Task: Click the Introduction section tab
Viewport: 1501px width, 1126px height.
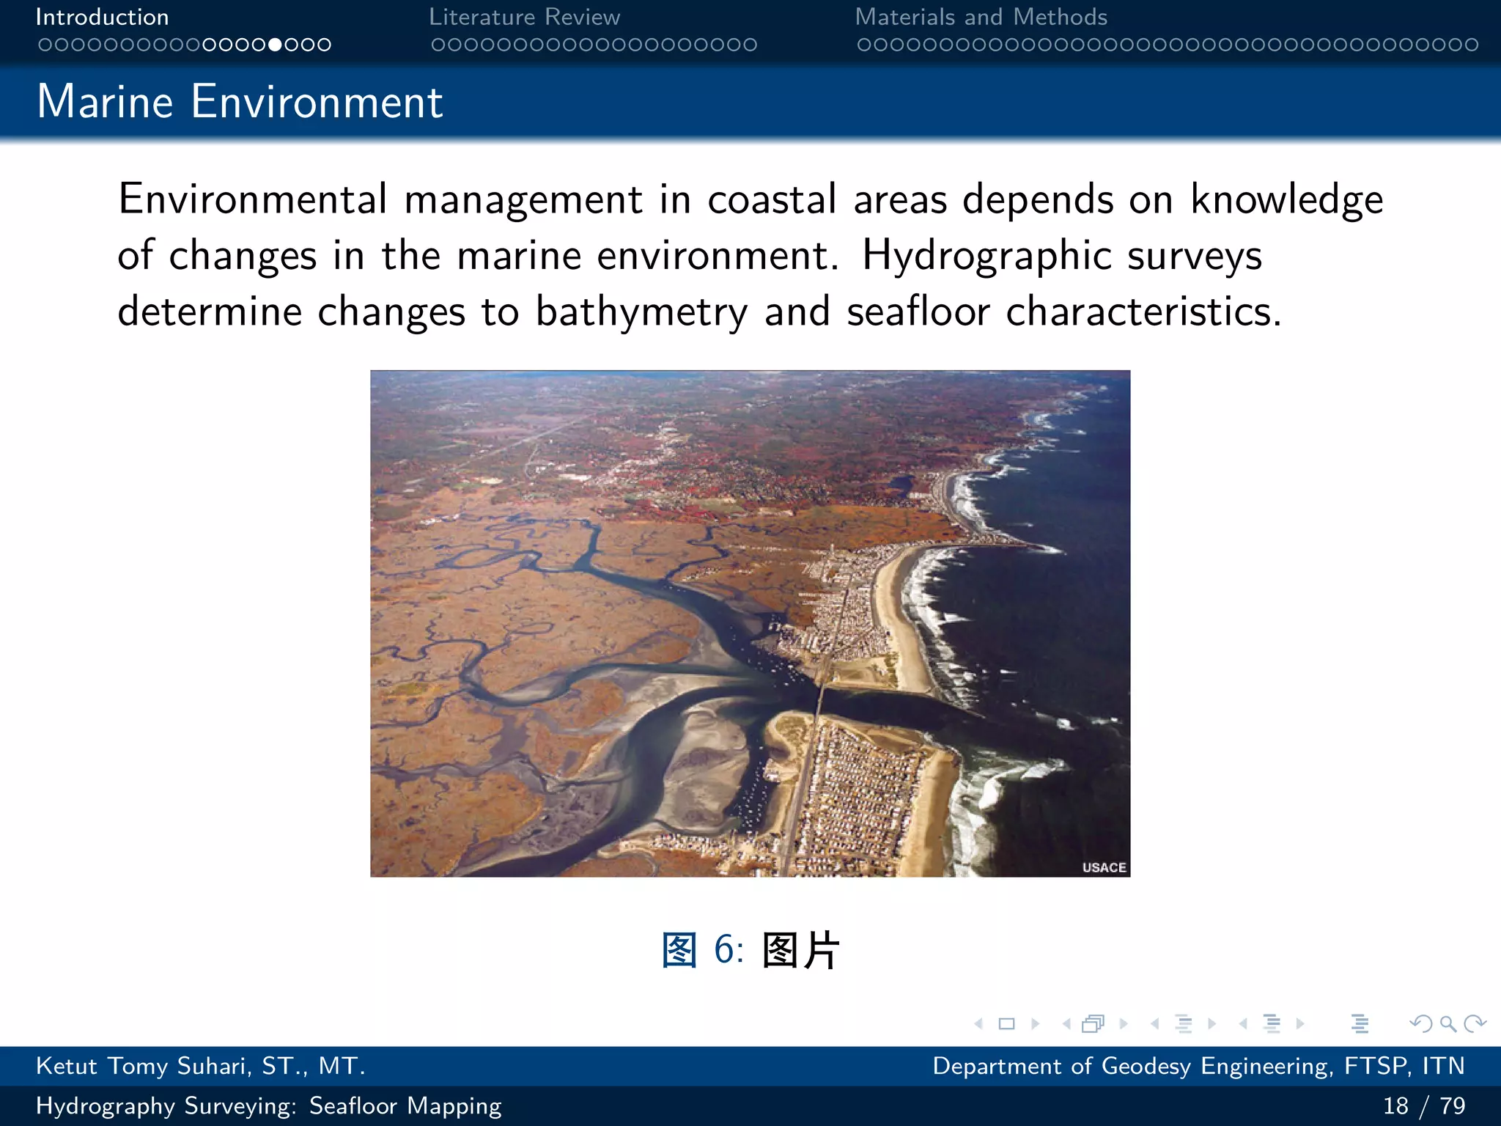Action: click(102, 17)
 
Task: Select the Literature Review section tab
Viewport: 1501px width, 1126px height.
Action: click(524, 17)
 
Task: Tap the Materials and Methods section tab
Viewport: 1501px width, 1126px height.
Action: click(981, 17)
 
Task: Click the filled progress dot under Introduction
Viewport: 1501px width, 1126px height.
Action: click(275, 45)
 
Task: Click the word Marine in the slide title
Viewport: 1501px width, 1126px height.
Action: click(105, 101)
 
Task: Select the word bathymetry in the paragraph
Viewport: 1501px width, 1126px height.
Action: click(641, 312)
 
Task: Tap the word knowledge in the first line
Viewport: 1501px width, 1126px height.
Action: click(1286, 199)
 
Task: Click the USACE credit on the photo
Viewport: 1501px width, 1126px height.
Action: click(1104, 867)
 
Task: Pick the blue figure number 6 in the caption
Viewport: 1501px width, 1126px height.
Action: click(724, 949)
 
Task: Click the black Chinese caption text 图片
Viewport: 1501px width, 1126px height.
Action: click(800, 950)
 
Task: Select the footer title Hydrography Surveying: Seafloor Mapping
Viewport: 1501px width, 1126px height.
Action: click(268, 1105)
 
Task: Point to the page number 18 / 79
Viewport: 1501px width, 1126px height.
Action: click(1423, 1105)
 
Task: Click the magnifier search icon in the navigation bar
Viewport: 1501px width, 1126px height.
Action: click(1447, 1023)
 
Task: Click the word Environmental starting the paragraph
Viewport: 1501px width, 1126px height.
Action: click(252, 199)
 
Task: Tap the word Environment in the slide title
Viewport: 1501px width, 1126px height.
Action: click(317, 101)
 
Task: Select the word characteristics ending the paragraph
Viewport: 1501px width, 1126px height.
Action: click(1143, 311)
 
